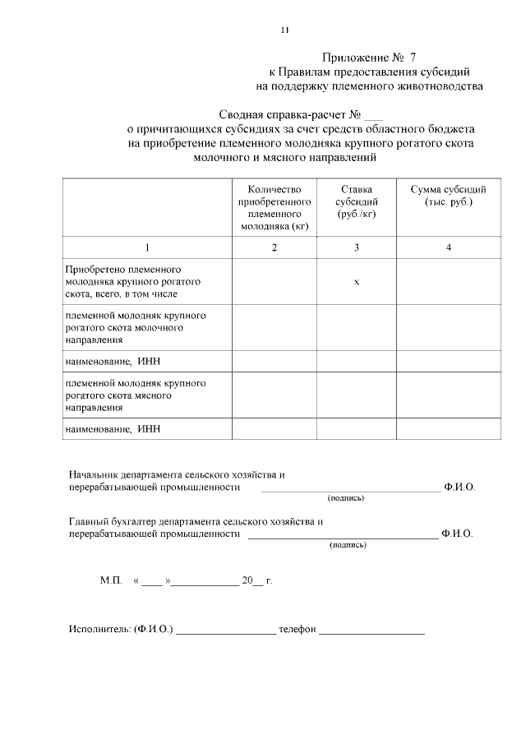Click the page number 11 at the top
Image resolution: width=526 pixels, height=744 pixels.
tap(284, 30)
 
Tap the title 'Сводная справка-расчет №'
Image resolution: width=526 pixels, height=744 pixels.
tap(291, 115)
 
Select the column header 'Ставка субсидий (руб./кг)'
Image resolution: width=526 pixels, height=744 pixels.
tap(357, 201)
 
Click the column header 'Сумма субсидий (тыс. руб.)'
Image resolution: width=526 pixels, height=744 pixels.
tap(449, 196)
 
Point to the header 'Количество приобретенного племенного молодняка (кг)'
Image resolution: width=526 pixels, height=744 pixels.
tap(274, 207)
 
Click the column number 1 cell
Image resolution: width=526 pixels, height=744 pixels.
tap(147, 247)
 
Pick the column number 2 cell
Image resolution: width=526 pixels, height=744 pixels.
tap(274, 247)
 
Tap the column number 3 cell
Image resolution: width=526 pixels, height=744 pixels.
tap(357, 247)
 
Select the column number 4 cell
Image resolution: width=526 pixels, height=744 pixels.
tap(449, 247)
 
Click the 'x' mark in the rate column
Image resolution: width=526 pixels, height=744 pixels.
tap(357, 282)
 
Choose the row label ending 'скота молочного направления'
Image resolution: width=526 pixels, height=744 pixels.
tap(123, 327)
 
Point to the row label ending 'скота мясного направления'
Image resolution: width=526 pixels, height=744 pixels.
tap(123, 395)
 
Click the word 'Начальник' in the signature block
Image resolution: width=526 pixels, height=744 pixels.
tap(93, 475)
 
